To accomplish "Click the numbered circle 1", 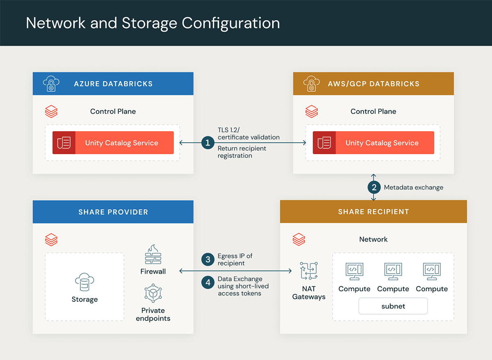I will pyautogui.click(x=208, y=143).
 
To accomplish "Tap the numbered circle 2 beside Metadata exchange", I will pyautogui.click(x=374, y=187).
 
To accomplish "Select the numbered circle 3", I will pyautogui.click(x=208, y=259).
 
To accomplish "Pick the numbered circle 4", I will pyautogui.click(x=208, y=283).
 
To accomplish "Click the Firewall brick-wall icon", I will pyautogui.click(x=153, y=255).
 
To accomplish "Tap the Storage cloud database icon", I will pyautogui.click(x=84, y=283).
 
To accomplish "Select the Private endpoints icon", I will pyautogui.click(x=153, y=294).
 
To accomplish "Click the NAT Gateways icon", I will pyautogui.click(x=309, y=271).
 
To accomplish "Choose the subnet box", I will pyautogui.click(x=393, y=306).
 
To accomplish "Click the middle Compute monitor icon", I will pyautogui.click(x=393, y=271).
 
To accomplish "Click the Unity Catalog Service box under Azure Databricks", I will pyautogui.click(x=113, y=143).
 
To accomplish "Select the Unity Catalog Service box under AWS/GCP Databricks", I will pyautogui.click(x=373, y=143).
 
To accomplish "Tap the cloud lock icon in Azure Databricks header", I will pyautogui.click(x=51, y=84).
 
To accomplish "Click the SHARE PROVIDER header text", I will pyautogui.click(x=113, y=212).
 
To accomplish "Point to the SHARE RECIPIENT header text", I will pyautogui.click(x=373, y=212).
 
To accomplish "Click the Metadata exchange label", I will pyautogui.click(x=413, y=187).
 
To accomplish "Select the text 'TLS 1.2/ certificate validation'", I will pyautogui.click(x=248, y=133).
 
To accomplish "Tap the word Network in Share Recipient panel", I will pyautogui.click(x=373, y=239).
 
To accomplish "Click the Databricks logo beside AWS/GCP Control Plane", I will pyautogui.click(x=312, y=112).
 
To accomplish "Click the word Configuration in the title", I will pyautogui.click(x=231, y=23).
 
